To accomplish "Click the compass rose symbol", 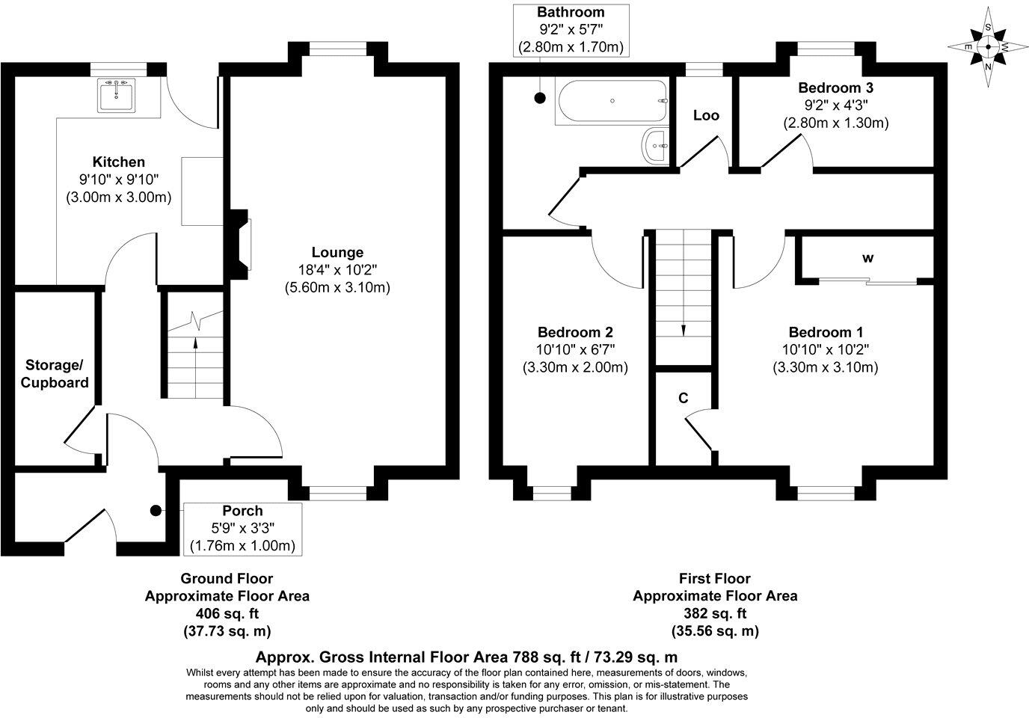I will pos(988,46).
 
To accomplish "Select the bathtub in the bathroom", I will pos(612,102).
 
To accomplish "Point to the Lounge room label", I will pos(337,253).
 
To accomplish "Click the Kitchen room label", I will pos(118,162).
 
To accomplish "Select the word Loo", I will pos(706,115).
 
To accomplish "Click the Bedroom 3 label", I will pos(835,88).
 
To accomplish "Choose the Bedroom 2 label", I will pos(576,332).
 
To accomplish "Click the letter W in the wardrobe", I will pos(867,259).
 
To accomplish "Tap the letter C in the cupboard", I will pos(683,398).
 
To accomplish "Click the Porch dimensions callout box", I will pos(242,529).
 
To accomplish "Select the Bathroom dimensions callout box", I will pos(571,30).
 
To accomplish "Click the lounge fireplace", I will pos(242,245).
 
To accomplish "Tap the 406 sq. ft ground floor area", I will pos(227,613).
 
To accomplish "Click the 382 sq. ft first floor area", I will pos(715,613).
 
